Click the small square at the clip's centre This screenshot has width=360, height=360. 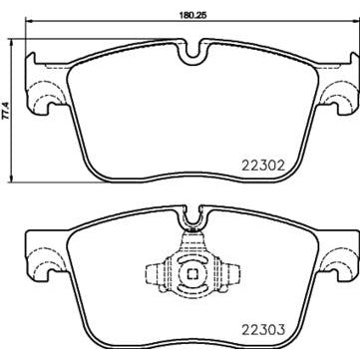192,272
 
